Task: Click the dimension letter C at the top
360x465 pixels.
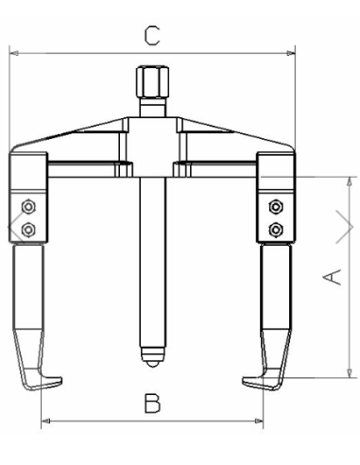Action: click(151, 36)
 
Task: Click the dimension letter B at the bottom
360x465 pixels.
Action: click(152, 405)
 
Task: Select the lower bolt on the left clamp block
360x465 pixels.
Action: click(28, 229)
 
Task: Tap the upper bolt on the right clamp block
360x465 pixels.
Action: click(276, 207)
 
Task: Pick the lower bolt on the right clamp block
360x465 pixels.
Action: click(276, 229)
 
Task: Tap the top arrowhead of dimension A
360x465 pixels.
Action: click(348, 180)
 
